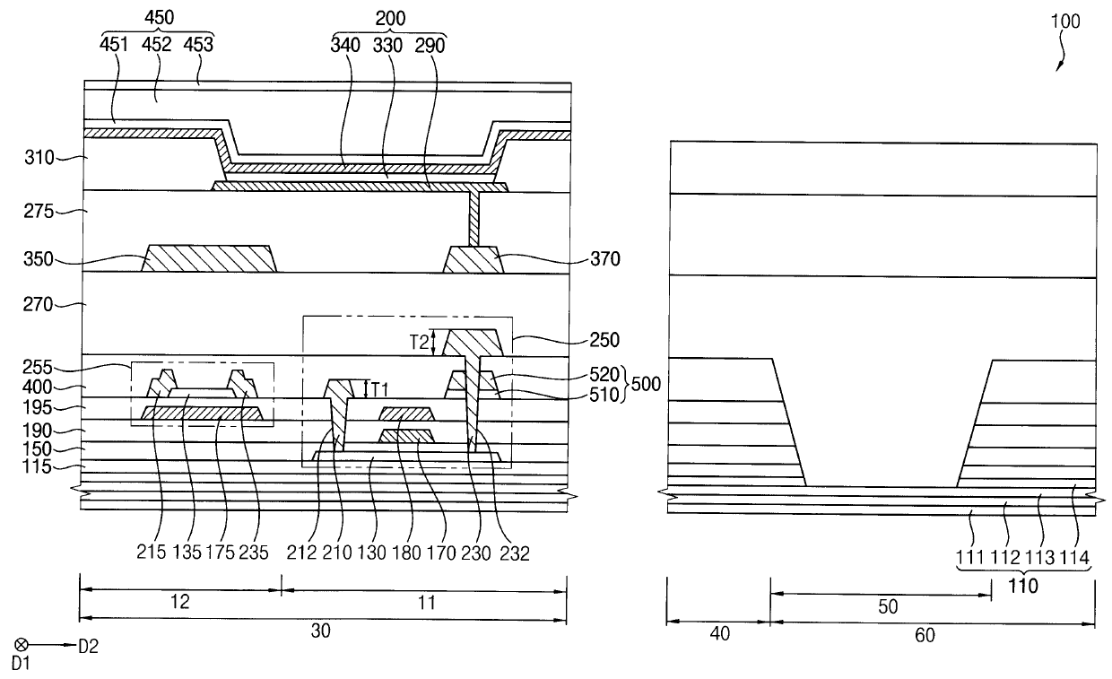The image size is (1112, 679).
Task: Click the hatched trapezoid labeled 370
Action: tap(475, 260)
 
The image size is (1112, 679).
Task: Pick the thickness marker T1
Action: tap(380, 388)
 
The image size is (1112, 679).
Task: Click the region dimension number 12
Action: tap(179, 603)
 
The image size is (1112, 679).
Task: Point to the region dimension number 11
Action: tap(427, 603)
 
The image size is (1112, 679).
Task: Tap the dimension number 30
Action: tap(321, 631)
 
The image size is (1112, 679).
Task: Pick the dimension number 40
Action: tap(719, 634)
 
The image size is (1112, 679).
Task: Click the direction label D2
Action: tap(87, 645)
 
